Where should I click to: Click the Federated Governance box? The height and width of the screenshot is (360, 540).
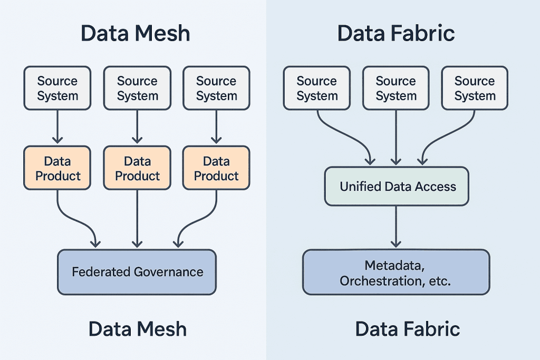137,272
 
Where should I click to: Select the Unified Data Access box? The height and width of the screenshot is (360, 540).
397,186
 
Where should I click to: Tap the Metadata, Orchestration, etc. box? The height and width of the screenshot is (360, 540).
396,272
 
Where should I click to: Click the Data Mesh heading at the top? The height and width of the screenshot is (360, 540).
136,33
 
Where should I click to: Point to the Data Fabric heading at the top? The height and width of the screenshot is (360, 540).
396,33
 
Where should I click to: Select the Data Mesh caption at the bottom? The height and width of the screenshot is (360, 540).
137,329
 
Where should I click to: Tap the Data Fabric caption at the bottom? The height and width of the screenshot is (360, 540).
407,329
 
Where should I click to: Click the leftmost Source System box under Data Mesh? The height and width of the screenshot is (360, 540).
57,88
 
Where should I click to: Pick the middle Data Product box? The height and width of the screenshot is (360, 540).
137,168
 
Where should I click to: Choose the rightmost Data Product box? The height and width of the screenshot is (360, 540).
216,168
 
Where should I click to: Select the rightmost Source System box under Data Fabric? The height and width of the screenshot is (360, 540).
475,88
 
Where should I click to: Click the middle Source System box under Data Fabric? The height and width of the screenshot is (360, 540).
396,88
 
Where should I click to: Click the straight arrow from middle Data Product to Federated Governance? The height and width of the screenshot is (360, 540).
137,219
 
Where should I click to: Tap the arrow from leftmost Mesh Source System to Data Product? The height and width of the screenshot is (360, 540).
57,127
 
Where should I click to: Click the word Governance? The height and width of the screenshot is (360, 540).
168,272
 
